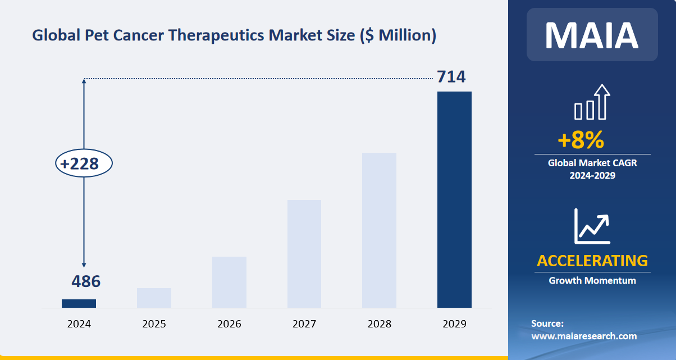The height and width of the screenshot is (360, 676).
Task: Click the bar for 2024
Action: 79,303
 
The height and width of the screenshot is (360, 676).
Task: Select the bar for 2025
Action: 154,298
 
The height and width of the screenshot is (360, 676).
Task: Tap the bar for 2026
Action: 229,282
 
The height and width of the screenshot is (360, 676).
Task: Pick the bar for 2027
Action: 304,254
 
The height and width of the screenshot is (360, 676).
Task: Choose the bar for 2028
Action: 380,230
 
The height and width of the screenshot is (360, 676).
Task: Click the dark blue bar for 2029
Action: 454,199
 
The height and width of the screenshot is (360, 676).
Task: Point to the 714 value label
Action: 451,76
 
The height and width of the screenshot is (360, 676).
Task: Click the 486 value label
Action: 86,281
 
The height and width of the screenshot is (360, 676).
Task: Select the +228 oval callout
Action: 84,164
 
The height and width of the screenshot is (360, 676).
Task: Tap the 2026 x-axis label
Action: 229,324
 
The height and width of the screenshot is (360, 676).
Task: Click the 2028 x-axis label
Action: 380,324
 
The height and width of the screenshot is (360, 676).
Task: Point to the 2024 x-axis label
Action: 79,324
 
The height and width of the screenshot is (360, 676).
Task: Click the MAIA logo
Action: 592,35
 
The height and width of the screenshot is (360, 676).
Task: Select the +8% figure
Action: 581,140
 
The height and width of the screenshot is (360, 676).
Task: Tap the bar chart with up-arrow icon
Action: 592,102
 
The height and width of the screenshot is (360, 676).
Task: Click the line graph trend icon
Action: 592,226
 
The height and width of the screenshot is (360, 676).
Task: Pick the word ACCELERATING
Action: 592,261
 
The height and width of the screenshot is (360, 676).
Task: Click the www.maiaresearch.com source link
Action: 584,336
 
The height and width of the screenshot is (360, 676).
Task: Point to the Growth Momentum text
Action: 592,280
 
